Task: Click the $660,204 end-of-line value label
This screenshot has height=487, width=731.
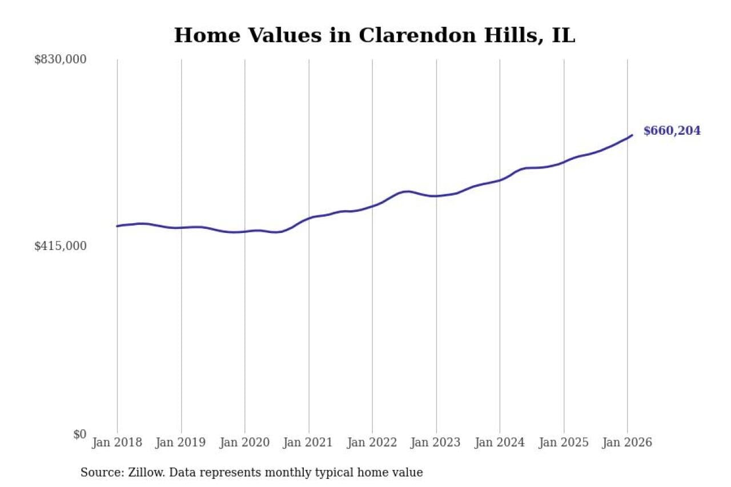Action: pos(672,131)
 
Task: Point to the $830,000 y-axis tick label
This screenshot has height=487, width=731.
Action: pos(61,59)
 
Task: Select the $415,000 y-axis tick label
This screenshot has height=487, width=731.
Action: pos(61,246)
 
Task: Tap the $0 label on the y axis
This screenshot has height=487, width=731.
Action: pos(79,434)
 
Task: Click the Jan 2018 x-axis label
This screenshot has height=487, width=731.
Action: pos(117,443)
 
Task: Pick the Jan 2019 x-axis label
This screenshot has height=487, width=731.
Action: pos(181,443)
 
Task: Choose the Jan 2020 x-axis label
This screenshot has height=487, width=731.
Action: pos(245,443)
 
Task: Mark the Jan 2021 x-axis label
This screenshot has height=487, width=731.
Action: pos(309,443)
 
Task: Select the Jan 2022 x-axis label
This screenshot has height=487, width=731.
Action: pos(372,443)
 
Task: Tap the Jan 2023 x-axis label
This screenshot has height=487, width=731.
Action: pos(436,443)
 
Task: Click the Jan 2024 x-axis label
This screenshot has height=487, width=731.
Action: pos(500,443)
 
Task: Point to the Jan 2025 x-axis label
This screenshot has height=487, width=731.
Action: pos(564,443)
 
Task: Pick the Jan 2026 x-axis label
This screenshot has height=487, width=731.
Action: pos(627,443)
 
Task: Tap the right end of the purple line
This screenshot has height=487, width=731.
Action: pos(632,135)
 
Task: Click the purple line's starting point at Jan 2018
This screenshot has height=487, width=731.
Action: pos(117,226)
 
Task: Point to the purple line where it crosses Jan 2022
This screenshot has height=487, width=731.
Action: pos(372,206)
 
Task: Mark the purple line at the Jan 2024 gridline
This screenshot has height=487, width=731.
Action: pos(500,180)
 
